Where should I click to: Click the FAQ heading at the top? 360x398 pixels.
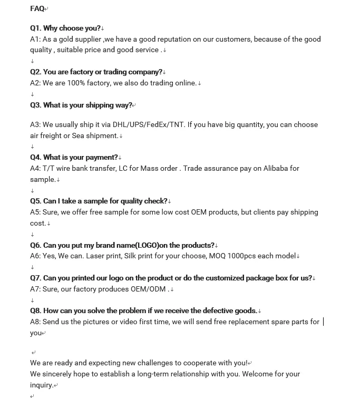(x=37, y=8)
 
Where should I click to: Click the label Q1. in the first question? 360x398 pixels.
(x=35, y=28)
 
